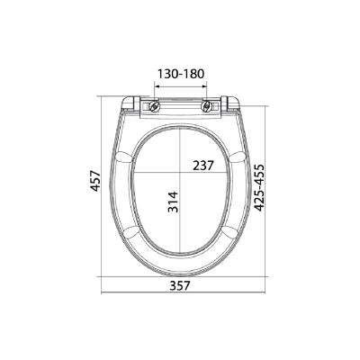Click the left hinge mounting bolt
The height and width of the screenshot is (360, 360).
point(156,105)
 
